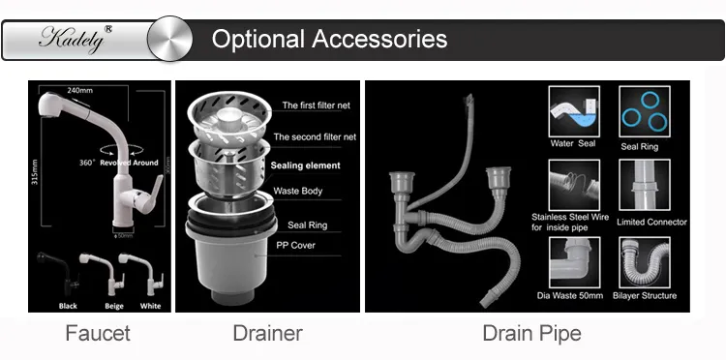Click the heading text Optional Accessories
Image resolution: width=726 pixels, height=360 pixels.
tap(329, 40)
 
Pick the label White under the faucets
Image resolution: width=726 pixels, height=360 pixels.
tap(150, 306)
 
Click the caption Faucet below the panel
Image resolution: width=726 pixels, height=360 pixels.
tap(97, 334)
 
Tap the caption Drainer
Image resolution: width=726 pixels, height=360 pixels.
tap(267, 334)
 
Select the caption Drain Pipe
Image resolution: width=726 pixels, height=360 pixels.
tap(531, 334)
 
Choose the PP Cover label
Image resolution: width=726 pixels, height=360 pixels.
tap(296, 245)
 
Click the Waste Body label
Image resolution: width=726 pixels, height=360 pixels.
tap(298, 191)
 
